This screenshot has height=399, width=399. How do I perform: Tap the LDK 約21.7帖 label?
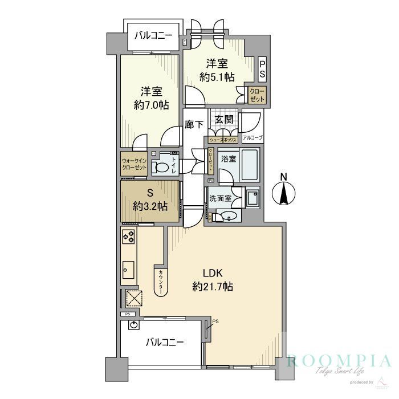[213, 280]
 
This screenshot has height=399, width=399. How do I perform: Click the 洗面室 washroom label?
[221, 199]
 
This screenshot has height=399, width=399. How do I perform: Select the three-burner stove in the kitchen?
[129, 237]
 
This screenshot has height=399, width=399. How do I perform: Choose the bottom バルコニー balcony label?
[165, 343]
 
